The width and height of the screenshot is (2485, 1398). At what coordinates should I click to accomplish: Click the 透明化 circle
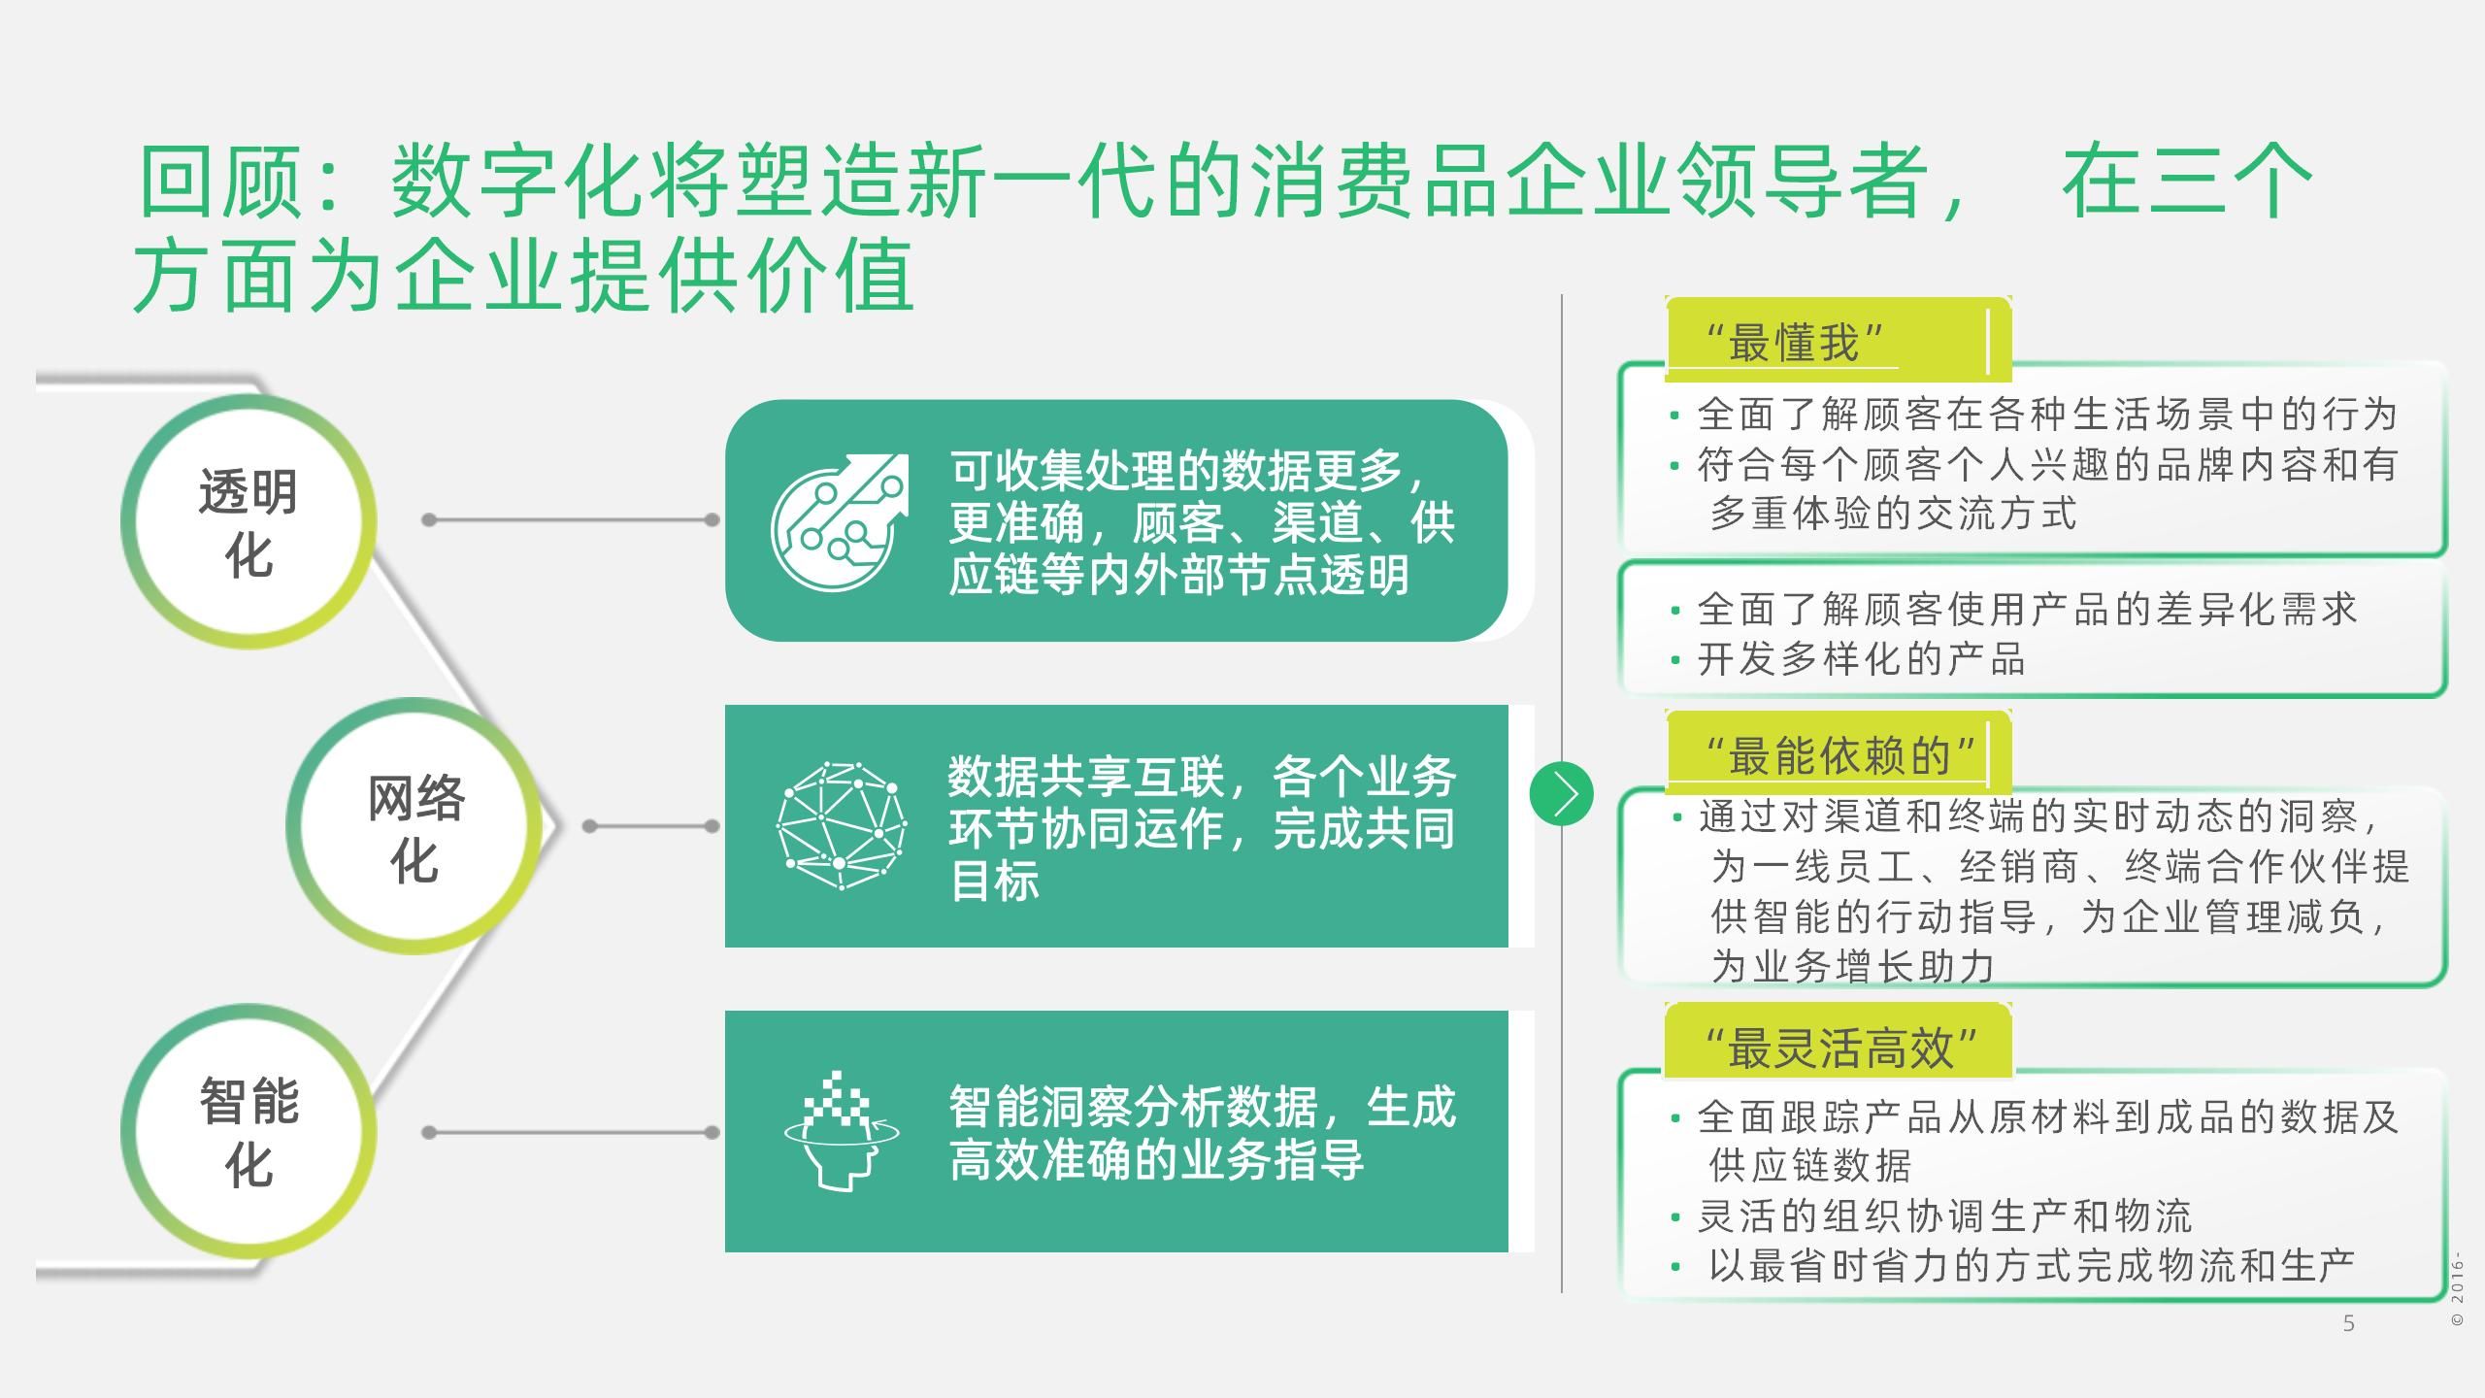click(x=248, y=521)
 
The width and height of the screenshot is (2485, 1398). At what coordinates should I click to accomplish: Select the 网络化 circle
click(x=414, y=826)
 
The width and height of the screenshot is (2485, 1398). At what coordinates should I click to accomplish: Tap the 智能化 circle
click(x=248, y=1131)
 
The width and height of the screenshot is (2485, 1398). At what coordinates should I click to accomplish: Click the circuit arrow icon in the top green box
click(x=840, y=521)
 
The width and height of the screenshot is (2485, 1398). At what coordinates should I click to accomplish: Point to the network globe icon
click(x=841, y=826)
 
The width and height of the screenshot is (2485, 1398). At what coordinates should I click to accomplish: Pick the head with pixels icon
click(x=841, y=1131)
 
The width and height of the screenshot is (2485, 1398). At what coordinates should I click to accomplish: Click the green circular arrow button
click(x=1561, y=794)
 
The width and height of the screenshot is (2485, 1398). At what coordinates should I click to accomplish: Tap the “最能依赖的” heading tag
click(x=1840, y=755)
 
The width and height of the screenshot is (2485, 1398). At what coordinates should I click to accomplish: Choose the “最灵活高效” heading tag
click(x=1840, y=1048)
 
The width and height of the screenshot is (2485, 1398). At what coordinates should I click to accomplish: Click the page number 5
click(x=2348, y=1323)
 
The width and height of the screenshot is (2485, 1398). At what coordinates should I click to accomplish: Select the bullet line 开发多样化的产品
click(x=1860, y=660)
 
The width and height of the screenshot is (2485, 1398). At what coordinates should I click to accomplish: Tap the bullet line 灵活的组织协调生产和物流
click(x=1944, y=1215)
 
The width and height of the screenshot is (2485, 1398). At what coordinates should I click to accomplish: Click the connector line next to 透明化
click(x=571, y=520)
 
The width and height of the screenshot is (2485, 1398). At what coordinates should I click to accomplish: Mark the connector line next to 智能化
click(x=571, y=1132)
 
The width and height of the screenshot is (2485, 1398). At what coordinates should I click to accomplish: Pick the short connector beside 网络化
click(x=651, y=826)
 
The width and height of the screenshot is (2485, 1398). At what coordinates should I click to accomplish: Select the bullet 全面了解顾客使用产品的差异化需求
click(x=2026, y=610)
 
